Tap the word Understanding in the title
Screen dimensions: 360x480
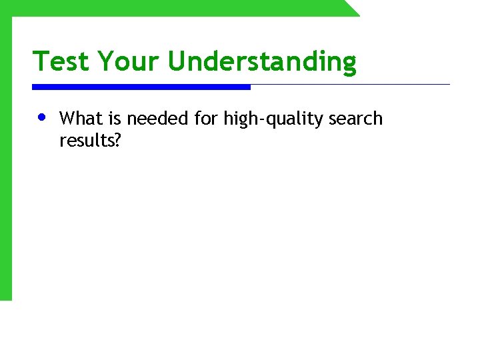(x=262, y=61)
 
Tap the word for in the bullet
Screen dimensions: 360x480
(x=206, y=119)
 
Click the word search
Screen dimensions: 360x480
(x=355, y=119)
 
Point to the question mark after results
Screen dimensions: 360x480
(x=117, y=140)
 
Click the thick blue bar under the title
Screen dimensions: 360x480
(x=141, y=87)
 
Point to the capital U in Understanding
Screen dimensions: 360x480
(x=177, y=61)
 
